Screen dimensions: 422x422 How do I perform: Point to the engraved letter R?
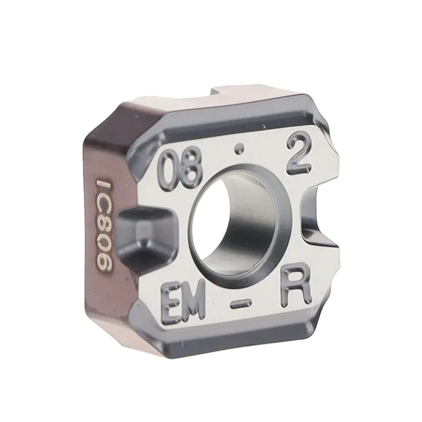point(293,289)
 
